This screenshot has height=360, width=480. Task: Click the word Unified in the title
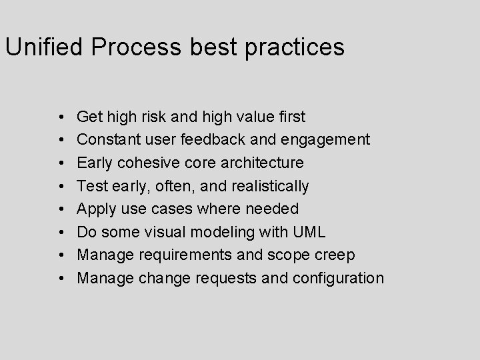pos(43,47)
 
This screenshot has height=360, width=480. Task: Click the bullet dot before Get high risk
pos(61,117)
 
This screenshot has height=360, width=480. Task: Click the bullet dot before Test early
pos(61,186)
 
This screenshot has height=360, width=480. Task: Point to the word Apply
pos(96,209)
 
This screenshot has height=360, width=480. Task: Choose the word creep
pos(333,255)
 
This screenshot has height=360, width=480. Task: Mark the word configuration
pos(337,278)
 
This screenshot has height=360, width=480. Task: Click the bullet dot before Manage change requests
pos(61,278)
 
